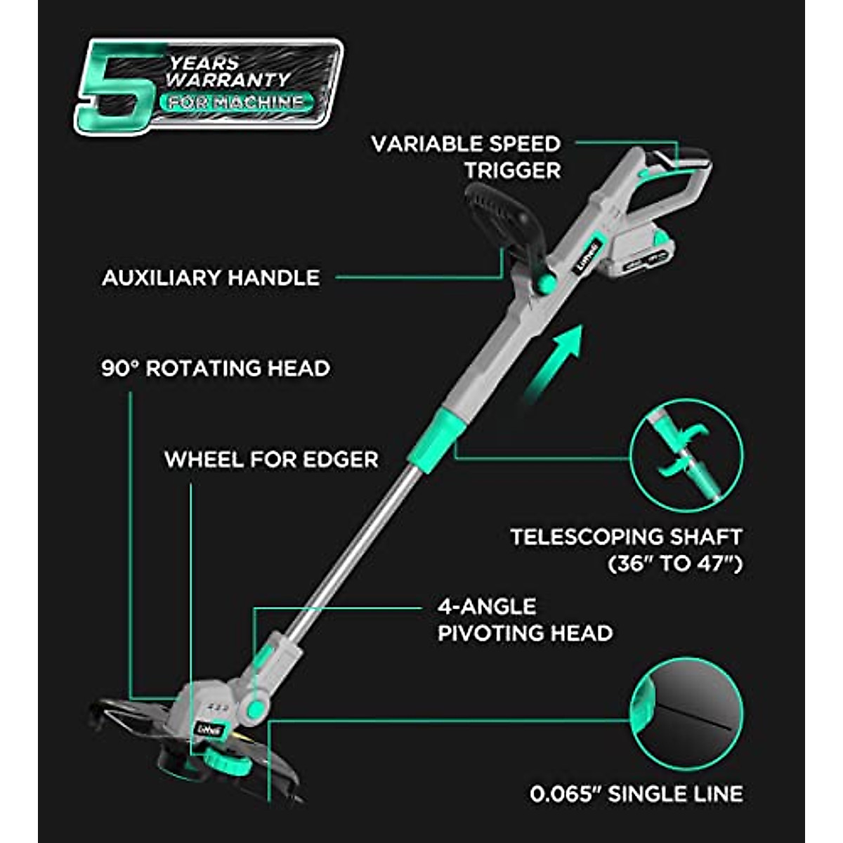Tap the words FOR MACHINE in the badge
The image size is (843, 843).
point(235,103)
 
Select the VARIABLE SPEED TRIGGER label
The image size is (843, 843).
point(466,157)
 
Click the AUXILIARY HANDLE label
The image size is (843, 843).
point(211,277)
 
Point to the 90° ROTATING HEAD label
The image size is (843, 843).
point(216,368)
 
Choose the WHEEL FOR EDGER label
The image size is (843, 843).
point(271,459)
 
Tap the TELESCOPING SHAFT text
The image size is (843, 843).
point(626,537)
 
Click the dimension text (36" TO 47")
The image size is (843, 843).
point(674,564)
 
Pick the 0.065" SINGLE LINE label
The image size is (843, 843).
point(636,795)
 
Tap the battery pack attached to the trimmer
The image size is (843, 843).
point(636,257)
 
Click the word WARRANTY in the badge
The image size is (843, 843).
point(228,79)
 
